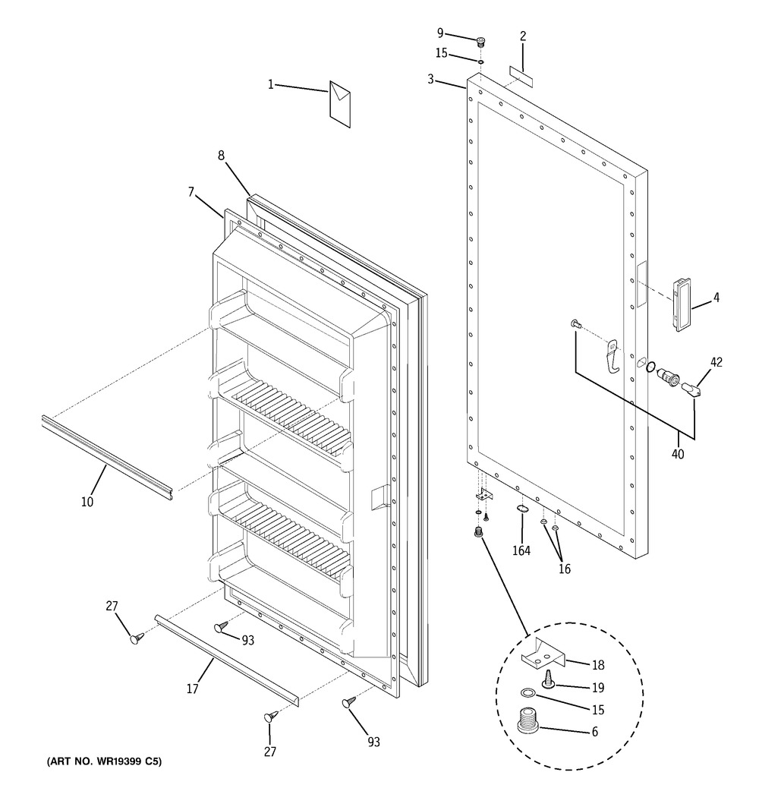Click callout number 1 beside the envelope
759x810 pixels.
270,84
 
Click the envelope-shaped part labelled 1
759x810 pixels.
340,104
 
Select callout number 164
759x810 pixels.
521,551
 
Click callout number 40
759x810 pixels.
678,454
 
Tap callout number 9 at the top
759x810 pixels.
439,32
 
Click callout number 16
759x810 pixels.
564,569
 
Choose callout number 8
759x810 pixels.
221,156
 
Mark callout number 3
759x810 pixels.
430,79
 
